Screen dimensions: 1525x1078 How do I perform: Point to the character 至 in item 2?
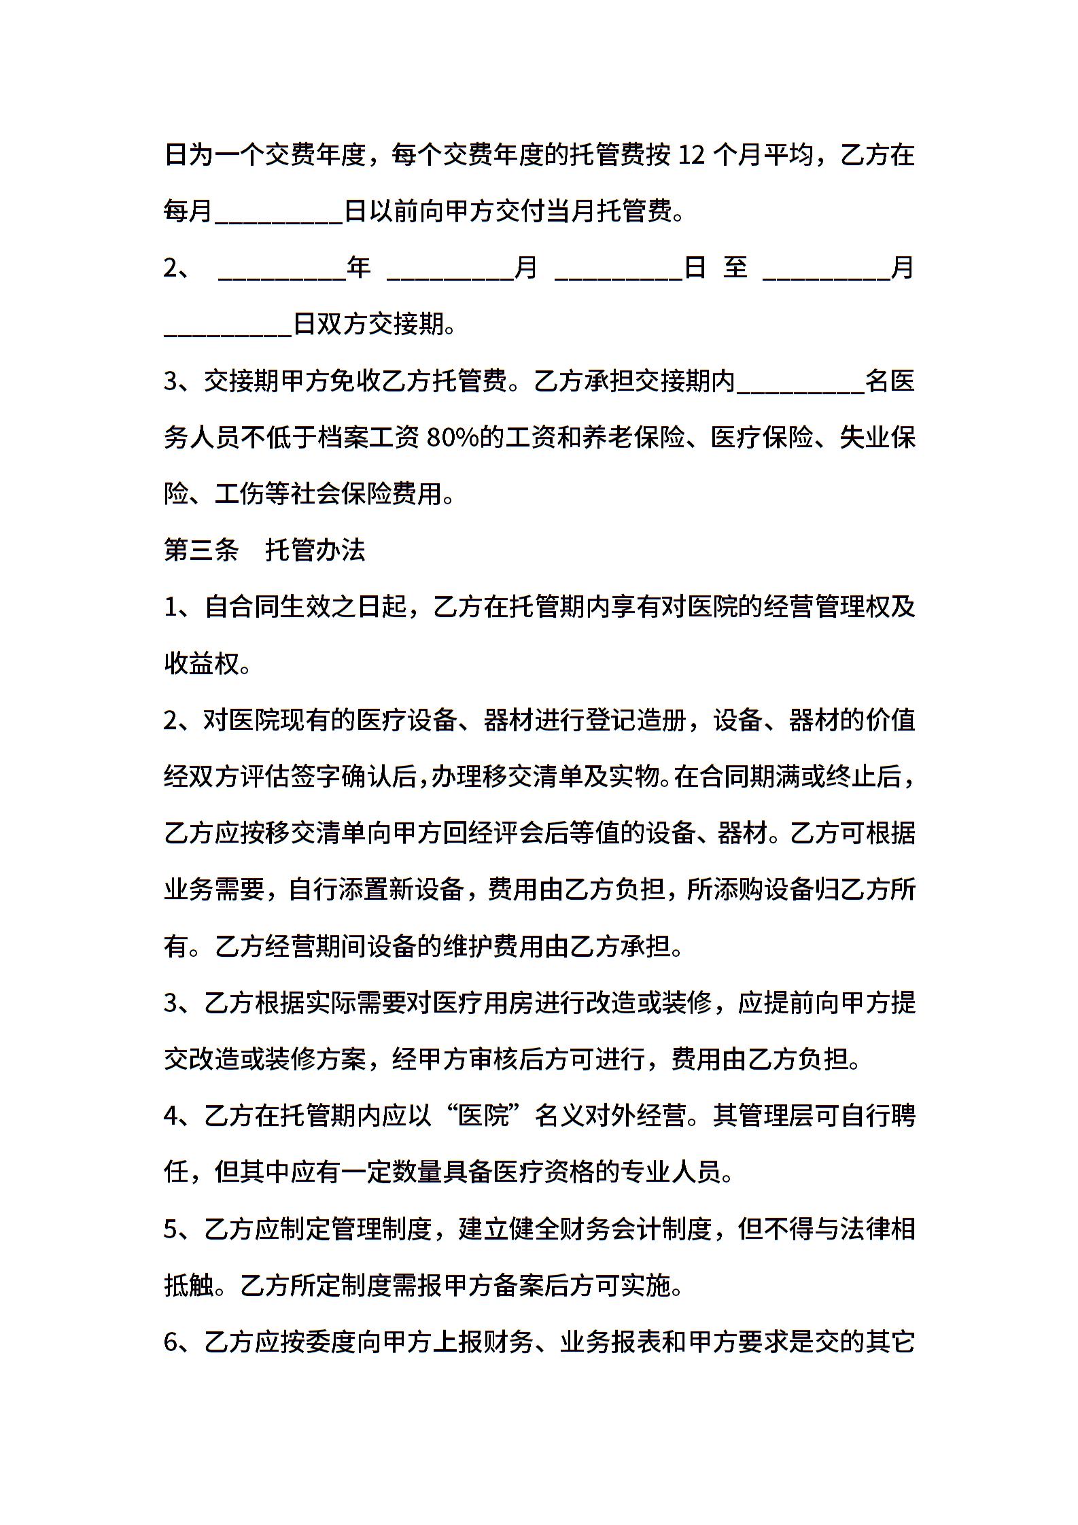tap(735, 268)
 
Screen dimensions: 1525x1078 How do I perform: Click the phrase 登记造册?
tap(636, 720)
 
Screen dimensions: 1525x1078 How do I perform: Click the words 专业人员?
tap(670, 1172)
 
